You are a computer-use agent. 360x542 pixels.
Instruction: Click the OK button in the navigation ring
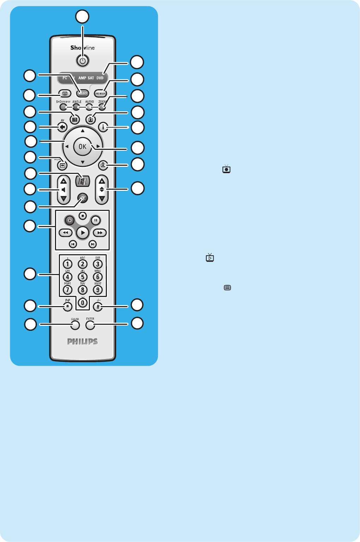coord(82,146)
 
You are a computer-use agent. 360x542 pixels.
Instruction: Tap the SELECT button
coord(83,93)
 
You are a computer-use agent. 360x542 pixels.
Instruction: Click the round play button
coord(83,233)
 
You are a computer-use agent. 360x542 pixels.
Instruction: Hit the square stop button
coord(83,215)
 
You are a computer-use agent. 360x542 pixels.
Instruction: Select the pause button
coord(96,220)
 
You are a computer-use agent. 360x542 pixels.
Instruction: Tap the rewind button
coord(66,233)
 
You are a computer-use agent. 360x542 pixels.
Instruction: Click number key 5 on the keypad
coord(83,277)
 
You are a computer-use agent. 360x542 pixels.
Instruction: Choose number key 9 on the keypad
coord(98,290)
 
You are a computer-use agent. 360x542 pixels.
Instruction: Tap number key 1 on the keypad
coord(67,264)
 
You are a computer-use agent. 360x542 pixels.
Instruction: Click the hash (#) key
coord(98,307)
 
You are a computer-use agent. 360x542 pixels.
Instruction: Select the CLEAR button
coord(75,325)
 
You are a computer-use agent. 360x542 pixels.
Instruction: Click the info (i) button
coord(103,127)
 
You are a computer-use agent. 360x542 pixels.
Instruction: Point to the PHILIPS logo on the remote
coord(83,341)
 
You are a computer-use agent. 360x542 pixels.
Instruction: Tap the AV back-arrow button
coord(62,127)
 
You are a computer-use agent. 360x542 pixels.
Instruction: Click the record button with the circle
coord(70,220)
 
